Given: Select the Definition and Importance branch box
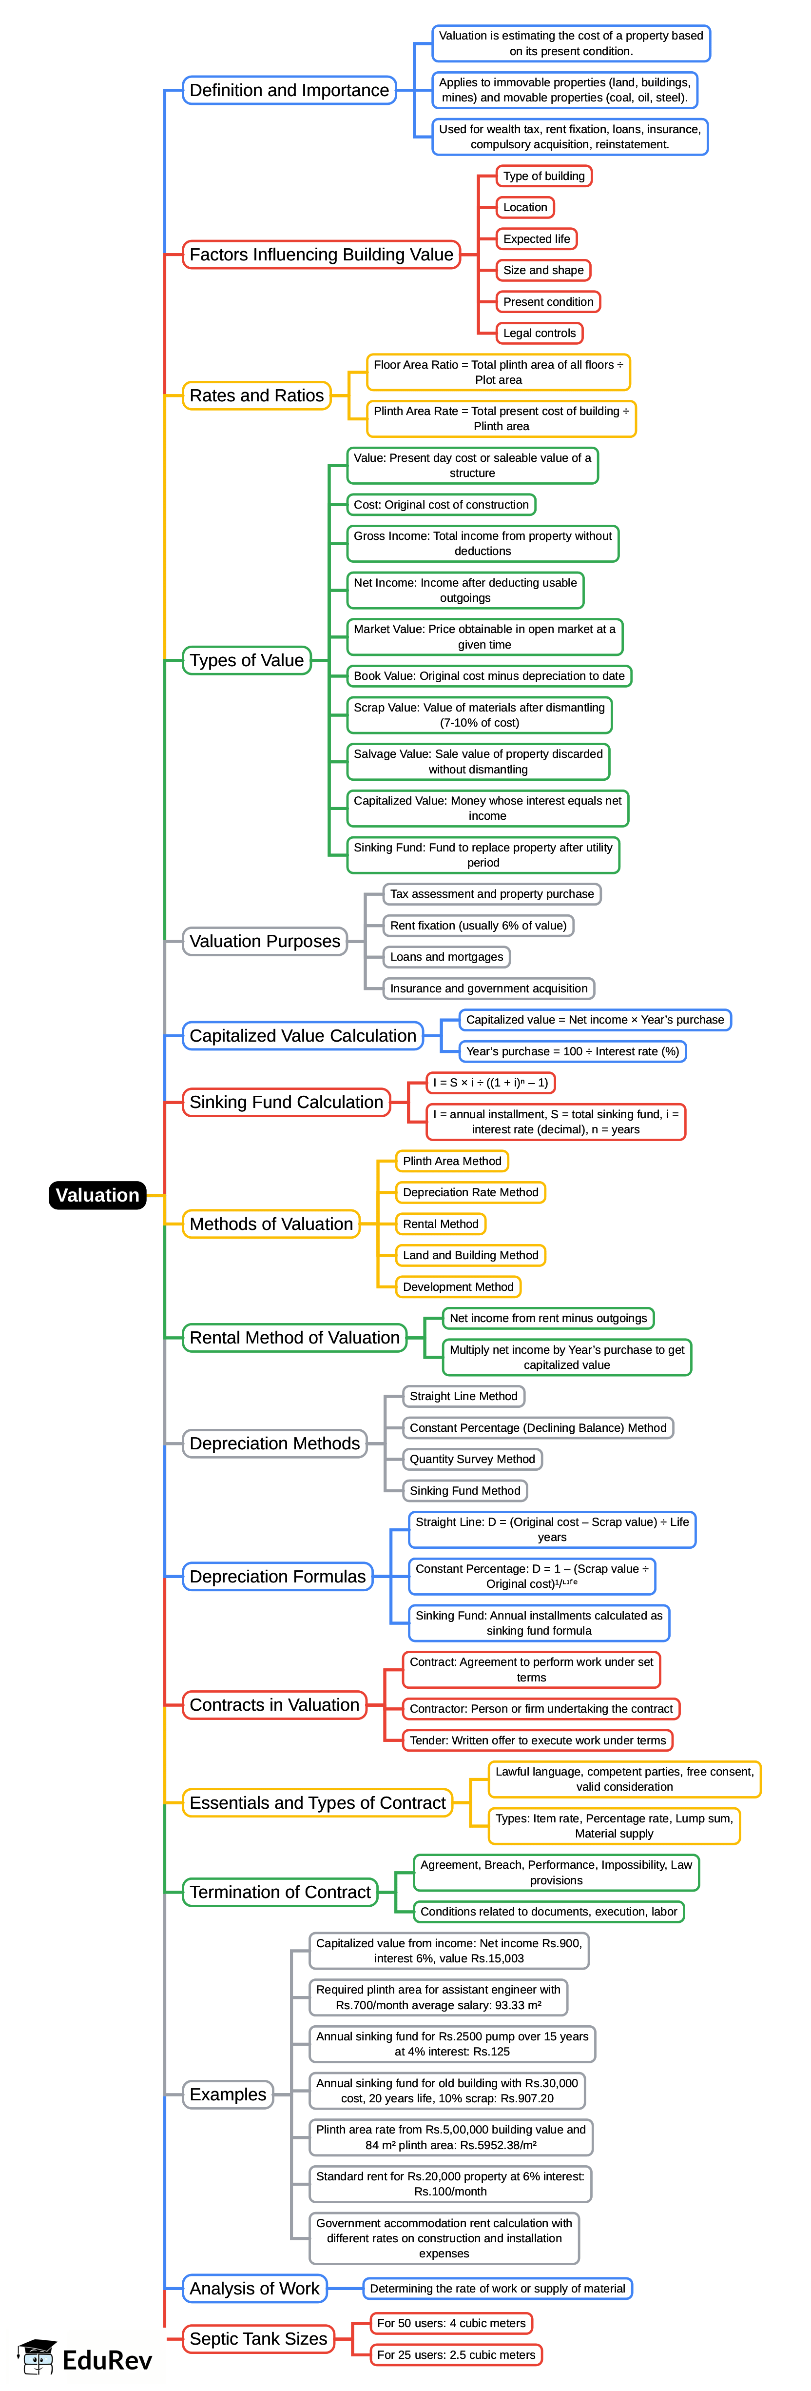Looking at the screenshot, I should point(289,90).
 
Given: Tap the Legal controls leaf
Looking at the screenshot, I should point(539,333).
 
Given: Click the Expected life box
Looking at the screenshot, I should point(536,238).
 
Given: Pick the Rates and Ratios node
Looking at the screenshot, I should point(256,395).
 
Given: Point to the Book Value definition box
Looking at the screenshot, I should point(488,676).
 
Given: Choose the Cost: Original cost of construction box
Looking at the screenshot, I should point(441,505).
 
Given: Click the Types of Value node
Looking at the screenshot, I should point(246,660).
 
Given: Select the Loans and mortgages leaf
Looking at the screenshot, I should point(446,957).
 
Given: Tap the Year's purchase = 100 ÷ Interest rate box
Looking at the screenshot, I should point(573,1051).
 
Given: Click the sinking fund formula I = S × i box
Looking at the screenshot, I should point(490,1082).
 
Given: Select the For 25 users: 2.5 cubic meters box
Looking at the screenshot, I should point(456,2355).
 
